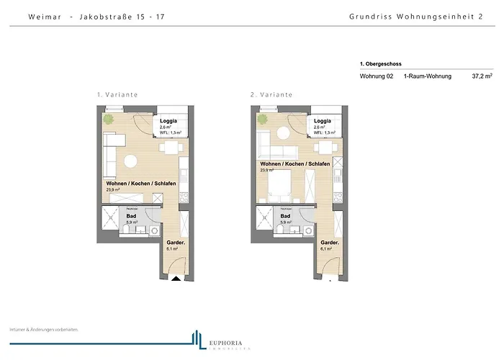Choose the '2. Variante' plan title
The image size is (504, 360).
(x=271, y=95)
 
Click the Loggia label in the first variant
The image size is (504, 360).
(x=168, y=121)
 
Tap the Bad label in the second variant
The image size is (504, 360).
(x=285, y=216)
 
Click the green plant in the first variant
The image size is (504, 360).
(x=109, y=119)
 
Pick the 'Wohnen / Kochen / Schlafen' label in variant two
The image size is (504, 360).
(x=295, y=164)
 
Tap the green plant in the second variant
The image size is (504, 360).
(x=263, y=119)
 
